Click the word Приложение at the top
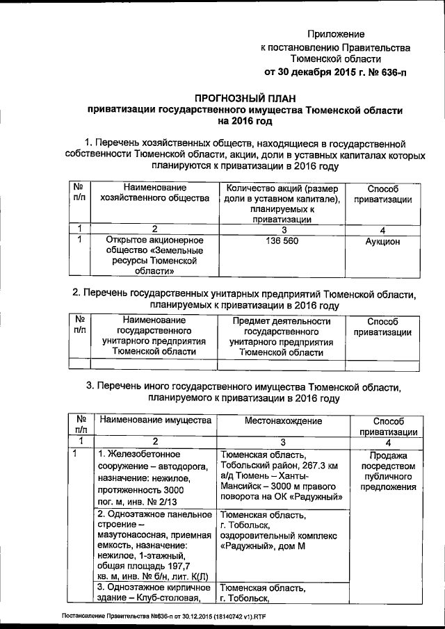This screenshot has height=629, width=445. tap(337, 33)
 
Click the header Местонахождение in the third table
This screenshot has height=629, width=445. tap(283, 421)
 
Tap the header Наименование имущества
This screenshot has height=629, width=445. tap(154, 421)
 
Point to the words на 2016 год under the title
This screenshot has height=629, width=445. tap(244, 121)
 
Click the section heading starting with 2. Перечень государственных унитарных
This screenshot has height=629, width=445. tap(243, 295)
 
